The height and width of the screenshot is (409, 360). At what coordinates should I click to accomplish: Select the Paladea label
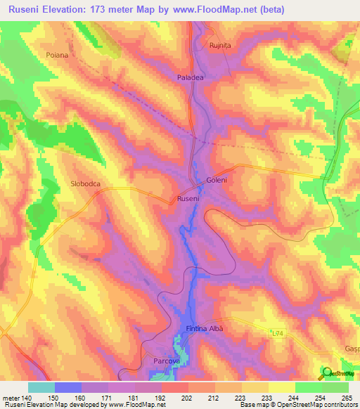[190, 78]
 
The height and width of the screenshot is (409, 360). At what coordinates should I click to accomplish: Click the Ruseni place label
[188, 199]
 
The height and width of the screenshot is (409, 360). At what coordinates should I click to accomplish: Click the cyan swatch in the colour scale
[41, 387]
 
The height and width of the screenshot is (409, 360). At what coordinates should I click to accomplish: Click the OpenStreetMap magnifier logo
[327, 372]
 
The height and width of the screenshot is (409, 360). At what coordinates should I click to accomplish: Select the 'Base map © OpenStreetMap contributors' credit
[297, 405]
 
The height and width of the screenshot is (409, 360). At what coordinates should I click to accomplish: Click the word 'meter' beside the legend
[10, 397]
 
